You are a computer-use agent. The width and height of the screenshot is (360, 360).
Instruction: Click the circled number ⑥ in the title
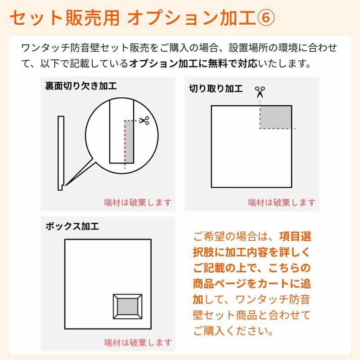265,18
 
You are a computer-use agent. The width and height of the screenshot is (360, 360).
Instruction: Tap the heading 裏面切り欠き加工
81,86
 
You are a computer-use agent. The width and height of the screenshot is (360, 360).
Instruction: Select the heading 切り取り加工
216,89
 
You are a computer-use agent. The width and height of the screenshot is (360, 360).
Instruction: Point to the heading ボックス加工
72,226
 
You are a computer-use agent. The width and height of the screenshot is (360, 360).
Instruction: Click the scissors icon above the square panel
260,92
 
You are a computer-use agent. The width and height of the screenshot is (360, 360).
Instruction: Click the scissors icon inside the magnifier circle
144,120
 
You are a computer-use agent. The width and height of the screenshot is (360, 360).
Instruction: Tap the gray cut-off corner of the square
276,117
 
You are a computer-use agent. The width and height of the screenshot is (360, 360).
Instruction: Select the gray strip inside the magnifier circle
129,142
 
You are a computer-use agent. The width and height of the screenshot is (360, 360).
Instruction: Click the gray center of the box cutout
128,306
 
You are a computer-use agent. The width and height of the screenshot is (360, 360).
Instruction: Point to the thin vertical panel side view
61,153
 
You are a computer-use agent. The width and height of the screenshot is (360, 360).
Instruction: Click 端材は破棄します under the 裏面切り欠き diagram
138,202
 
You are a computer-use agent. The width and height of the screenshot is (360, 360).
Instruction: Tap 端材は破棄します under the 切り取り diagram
282,202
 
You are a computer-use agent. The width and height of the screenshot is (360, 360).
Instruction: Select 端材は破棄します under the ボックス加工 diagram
138,342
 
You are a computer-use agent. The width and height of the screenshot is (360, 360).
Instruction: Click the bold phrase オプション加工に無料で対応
193,63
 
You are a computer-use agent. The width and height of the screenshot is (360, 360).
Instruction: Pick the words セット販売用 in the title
65,18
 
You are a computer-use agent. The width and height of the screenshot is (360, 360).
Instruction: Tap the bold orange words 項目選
295,237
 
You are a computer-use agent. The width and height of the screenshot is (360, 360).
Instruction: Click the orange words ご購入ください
233,331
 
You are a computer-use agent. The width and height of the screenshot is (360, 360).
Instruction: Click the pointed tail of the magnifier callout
66,185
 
